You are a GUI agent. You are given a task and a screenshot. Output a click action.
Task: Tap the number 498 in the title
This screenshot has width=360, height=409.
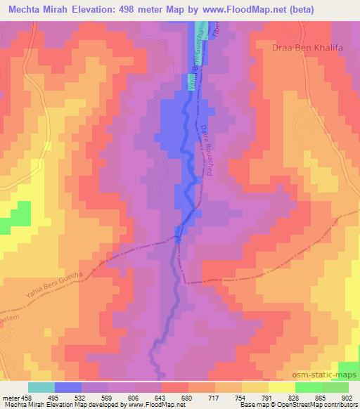tap(148, 9)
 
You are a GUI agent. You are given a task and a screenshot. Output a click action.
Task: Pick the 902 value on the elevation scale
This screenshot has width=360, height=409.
tap(347, 397)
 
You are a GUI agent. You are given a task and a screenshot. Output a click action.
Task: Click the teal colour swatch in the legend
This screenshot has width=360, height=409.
tap(41, 387)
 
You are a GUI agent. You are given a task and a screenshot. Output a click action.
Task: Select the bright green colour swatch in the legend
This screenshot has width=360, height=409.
tap(308, 387)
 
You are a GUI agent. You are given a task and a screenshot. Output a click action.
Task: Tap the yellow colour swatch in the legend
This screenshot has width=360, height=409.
tap(281, 387)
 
